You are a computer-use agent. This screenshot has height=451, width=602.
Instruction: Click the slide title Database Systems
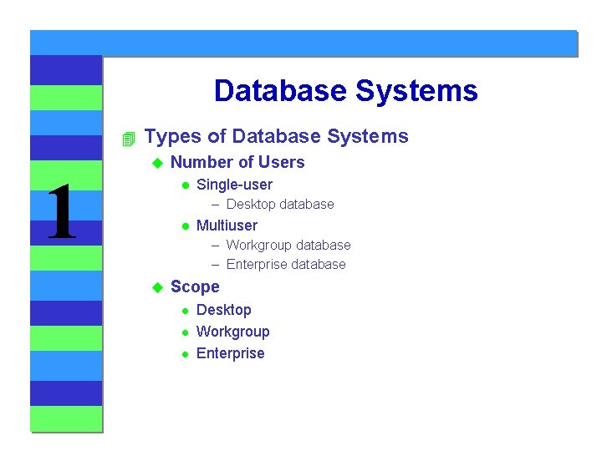(345, 90)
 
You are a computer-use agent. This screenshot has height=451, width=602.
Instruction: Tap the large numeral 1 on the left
(62, 213)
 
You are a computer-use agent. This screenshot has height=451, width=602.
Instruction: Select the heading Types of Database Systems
(276, 136)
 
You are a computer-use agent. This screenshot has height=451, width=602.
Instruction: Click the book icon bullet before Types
(127, 137)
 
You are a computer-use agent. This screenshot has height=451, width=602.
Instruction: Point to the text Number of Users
(237, 162)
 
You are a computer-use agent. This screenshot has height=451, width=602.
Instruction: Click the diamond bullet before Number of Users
(155, 163)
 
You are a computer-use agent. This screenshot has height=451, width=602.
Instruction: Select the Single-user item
(234, 185)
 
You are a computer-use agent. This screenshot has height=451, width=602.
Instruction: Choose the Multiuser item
(227, 225)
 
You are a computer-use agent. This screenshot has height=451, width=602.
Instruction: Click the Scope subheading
(195, 286)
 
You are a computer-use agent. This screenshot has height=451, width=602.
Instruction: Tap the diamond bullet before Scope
(155, 287)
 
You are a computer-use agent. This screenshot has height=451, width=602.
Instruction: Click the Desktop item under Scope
(223, 310)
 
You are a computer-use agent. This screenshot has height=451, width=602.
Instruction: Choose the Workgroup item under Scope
(232, 332)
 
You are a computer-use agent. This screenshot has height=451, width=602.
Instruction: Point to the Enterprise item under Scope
(230, 353)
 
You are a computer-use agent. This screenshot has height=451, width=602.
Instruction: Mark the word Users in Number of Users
(282, 162)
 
